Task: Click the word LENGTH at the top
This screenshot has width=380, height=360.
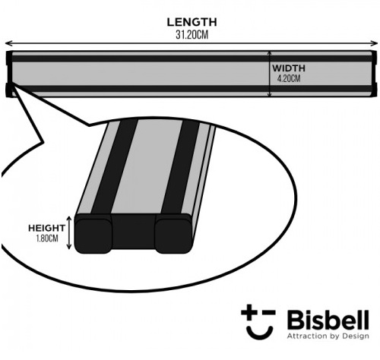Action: click(192, 22)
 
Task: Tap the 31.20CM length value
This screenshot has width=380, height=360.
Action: click(192, 35)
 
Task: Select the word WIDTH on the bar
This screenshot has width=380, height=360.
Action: click(289, 68)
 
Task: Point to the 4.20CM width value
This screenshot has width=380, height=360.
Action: click(289, 79)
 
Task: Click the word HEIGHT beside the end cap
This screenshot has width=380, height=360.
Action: click(46, 228)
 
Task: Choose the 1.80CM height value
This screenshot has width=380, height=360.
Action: click(47, 238)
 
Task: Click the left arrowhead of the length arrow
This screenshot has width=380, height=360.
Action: click(8, 43)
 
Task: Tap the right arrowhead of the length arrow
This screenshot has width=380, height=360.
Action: click(375, 43)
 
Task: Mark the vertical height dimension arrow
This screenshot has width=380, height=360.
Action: click(69, 233)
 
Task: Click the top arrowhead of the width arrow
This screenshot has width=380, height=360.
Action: click(270, 53)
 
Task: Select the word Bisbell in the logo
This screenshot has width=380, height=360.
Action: click(328, 321)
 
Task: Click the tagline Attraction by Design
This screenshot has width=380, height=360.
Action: click(328, 336)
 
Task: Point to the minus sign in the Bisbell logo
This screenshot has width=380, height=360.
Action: click(268, 312)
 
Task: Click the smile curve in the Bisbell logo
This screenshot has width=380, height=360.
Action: click(260, 333)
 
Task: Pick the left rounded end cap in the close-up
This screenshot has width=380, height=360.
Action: click(93, 235)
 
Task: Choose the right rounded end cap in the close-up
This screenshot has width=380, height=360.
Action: click(173, 235)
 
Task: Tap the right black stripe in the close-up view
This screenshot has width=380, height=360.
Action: click(180, 167)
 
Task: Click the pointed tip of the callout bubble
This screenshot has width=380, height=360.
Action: click(11, 84)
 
